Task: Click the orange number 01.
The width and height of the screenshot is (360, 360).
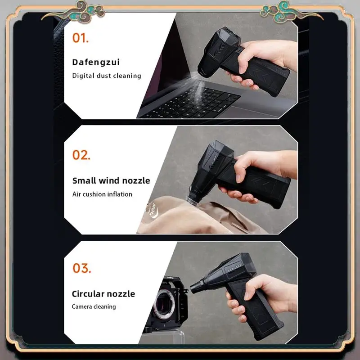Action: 81,38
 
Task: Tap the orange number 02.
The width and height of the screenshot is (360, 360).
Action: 81,155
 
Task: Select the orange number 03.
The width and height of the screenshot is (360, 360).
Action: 82,268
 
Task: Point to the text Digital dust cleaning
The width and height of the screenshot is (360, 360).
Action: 107,76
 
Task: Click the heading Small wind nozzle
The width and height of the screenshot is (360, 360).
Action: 111,181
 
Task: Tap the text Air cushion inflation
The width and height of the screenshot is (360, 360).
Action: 102,194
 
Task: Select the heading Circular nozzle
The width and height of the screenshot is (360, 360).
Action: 103,294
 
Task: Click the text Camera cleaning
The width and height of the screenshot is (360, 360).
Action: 94,306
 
